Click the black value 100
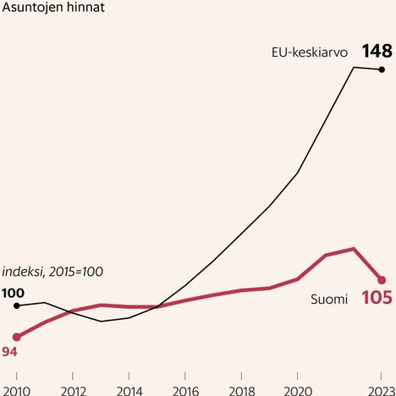13,293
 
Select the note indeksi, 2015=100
52,272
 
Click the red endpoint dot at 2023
382,280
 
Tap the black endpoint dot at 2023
382,69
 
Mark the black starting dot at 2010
16,305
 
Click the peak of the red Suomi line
353,249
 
